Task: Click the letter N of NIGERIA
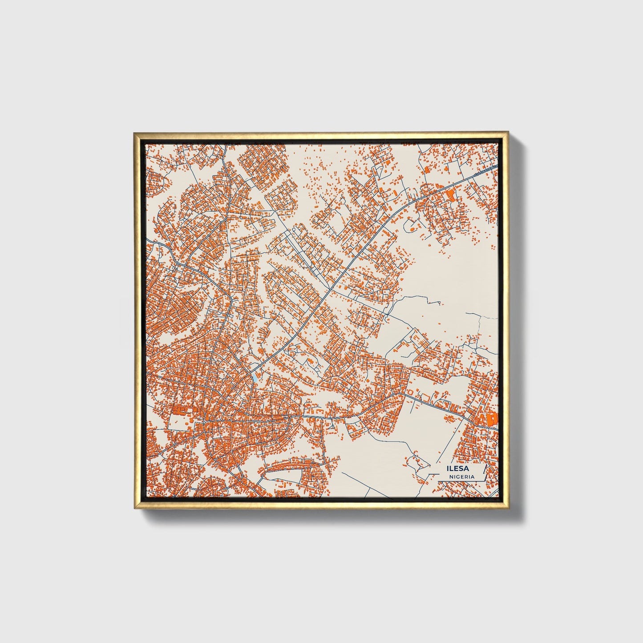[x=450, y=476]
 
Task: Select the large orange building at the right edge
[x=492, y=419]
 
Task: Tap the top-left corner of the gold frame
[x=134, y=133]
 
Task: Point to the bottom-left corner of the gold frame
[x=134, y=510]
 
